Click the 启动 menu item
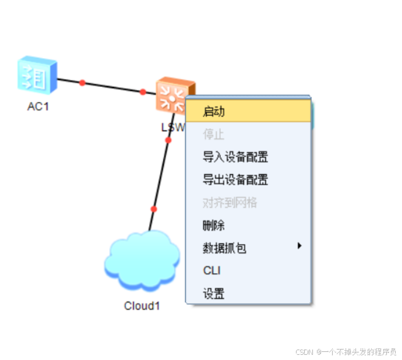click(x=214, y=111)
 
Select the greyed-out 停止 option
click(x=213, y=135)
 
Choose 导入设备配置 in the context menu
click(x=235, y=157)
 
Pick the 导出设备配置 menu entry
click(x=235, y=180)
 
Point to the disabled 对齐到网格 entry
click(x=230, y=203)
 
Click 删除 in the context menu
click(x=214, y=225)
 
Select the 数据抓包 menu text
click(x=224, y=248)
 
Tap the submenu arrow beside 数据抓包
click(x=299, y=246)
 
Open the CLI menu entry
click(x=211, y=271)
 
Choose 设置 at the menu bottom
click(x=214, y=294)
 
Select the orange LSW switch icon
click(x=174, y=94)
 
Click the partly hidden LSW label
click(x=172, y=126)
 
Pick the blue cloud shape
click(x=142, y=261)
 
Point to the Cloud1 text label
click(x=142, y=306)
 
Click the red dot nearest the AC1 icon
click(x=82, y=83)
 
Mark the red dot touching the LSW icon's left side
click(x=143, y=91)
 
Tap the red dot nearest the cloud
click(x=154, y=209)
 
